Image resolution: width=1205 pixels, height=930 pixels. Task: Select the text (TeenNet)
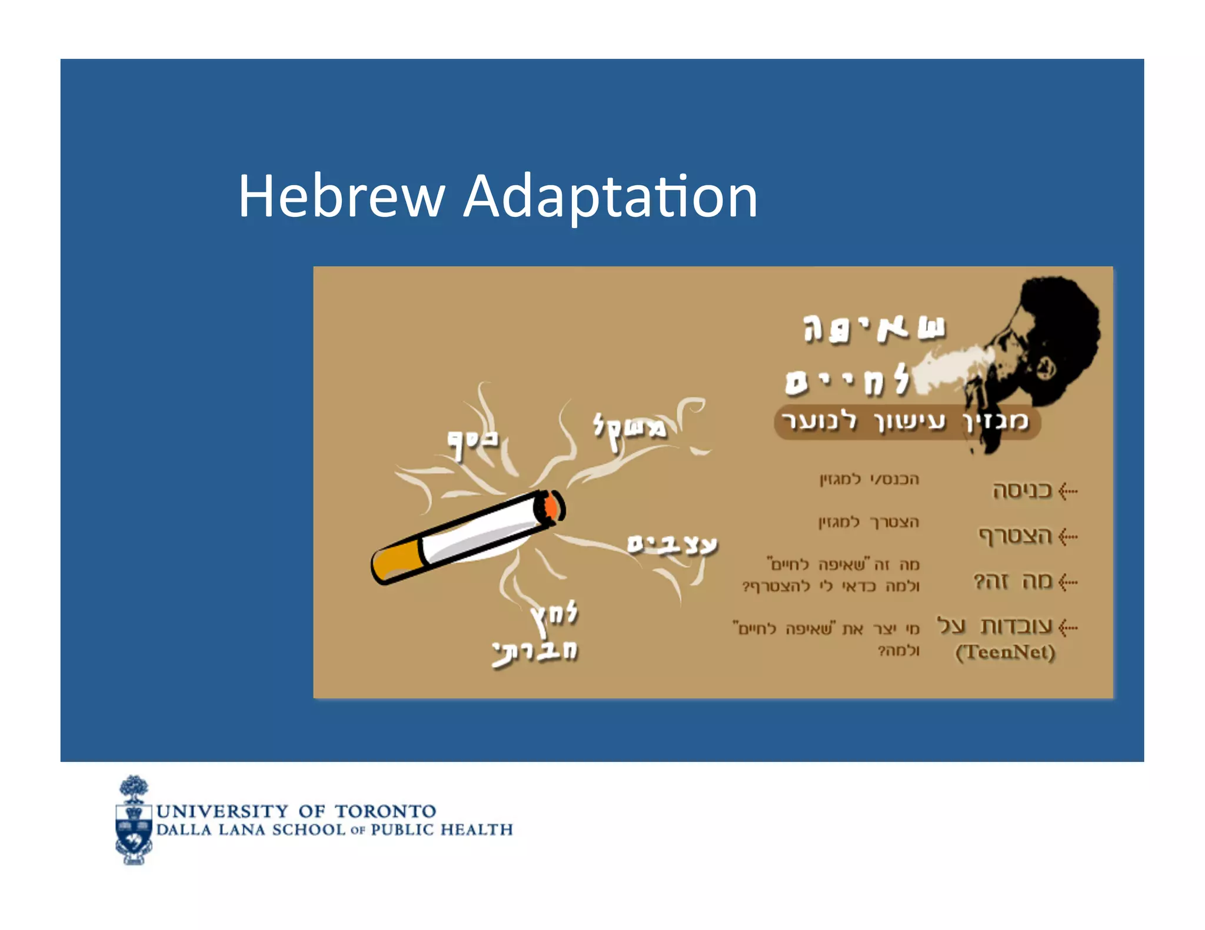1005,652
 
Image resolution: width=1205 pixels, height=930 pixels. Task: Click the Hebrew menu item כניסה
1022,490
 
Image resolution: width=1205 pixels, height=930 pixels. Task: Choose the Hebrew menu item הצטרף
1015,536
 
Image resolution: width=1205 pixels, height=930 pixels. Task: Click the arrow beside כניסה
1068,491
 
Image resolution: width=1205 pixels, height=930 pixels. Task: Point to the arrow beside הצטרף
1068,536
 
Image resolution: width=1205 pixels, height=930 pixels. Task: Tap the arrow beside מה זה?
1068,582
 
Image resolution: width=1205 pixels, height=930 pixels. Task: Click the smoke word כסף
472,441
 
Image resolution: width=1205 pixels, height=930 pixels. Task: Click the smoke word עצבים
673,545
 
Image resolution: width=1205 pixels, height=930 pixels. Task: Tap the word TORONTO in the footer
385,811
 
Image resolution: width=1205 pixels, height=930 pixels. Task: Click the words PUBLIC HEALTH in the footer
441,829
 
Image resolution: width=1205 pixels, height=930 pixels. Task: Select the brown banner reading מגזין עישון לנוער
906,421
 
